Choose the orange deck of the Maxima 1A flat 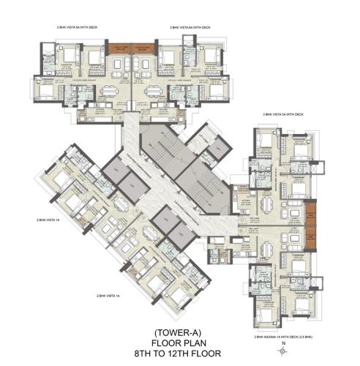[311, 237]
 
